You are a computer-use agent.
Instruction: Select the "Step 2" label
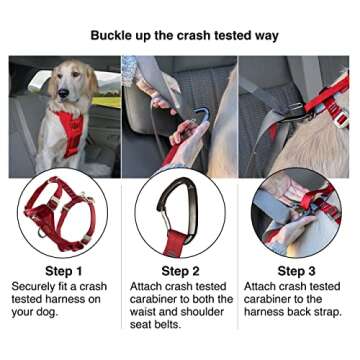(181, 271)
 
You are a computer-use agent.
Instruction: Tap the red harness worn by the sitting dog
(68, 131)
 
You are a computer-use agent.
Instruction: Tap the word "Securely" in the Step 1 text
(36, 286)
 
